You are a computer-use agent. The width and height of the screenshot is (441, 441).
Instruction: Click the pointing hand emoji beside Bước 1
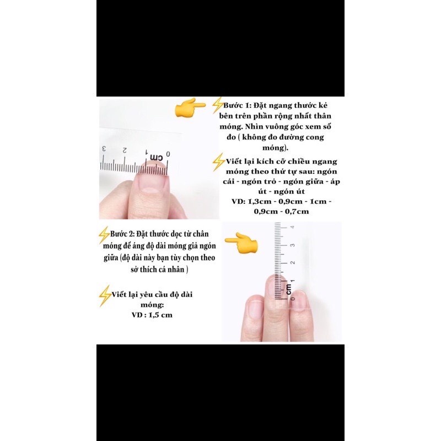click(x=190, y=107)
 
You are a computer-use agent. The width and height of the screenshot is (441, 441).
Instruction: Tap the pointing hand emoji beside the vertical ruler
click(x=241, y=243)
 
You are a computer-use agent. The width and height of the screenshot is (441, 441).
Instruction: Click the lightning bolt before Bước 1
click(x=217, y=105)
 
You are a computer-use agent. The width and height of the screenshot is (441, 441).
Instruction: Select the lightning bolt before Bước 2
click(x=104, y=235)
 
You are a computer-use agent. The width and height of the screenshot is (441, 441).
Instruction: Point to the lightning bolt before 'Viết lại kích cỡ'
click(x=218, y=162)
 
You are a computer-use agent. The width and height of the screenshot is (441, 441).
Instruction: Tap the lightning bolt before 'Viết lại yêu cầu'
click(x=105, y=295)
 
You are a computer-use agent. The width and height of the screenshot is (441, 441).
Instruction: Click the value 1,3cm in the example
click(x=259, y=202)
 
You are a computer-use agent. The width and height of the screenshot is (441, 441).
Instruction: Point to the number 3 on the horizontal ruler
click(x=104, y=149)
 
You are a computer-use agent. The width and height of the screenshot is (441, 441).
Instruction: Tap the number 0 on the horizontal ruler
click(x=168, y=154)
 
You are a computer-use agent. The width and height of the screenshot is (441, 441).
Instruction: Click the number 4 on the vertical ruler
click(x=293, y=227)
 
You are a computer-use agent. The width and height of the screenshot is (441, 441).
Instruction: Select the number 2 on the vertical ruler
click(x=293, y=262)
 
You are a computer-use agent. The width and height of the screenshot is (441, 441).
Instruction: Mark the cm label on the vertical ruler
click(x=288, y=289)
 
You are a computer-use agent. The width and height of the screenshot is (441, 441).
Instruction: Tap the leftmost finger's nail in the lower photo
click(x=256, y=308)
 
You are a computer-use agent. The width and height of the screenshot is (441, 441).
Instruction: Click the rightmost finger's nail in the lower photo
click(x=300, y=299)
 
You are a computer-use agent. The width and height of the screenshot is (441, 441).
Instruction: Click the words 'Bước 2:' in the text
click(x=122, y=234)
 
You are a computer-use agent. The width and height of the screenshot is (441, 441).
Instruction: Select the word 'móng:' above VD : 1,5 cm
click(x=152, y=305)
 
